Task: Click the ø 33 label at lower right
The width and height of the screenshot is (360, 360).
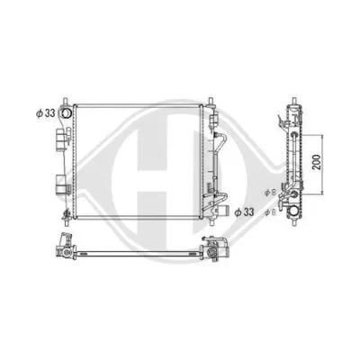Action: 244,213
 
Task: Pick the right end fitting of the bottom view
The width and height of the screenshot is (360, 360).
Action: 213,247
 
